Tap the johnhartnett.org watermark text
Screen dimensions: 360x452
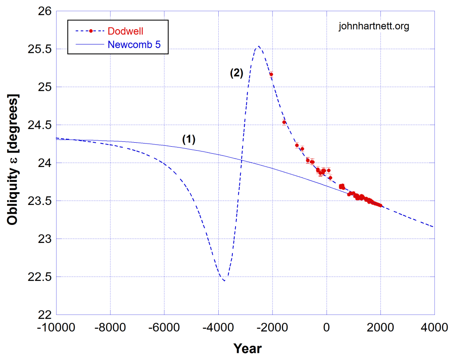(x=374, y=27)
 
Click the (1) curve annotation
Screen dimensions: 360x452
(x=189, y=139)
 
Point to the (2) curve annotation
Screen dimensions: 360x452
(x=236, y=74)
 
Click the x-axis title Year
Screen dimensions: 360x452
(x=247, y=349)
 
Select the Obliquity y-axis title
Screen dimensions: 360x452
(x=13, y=159)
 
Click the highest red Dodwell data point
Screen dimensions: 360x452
(x=271, y=74)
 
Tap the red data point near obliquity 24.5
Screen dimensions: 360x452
(x=284, y=122)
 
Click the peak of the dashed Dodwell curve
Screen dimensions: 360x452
(x=258, y=46)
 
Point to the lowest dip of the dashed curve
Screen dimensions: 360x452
(x=224, y=280)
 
